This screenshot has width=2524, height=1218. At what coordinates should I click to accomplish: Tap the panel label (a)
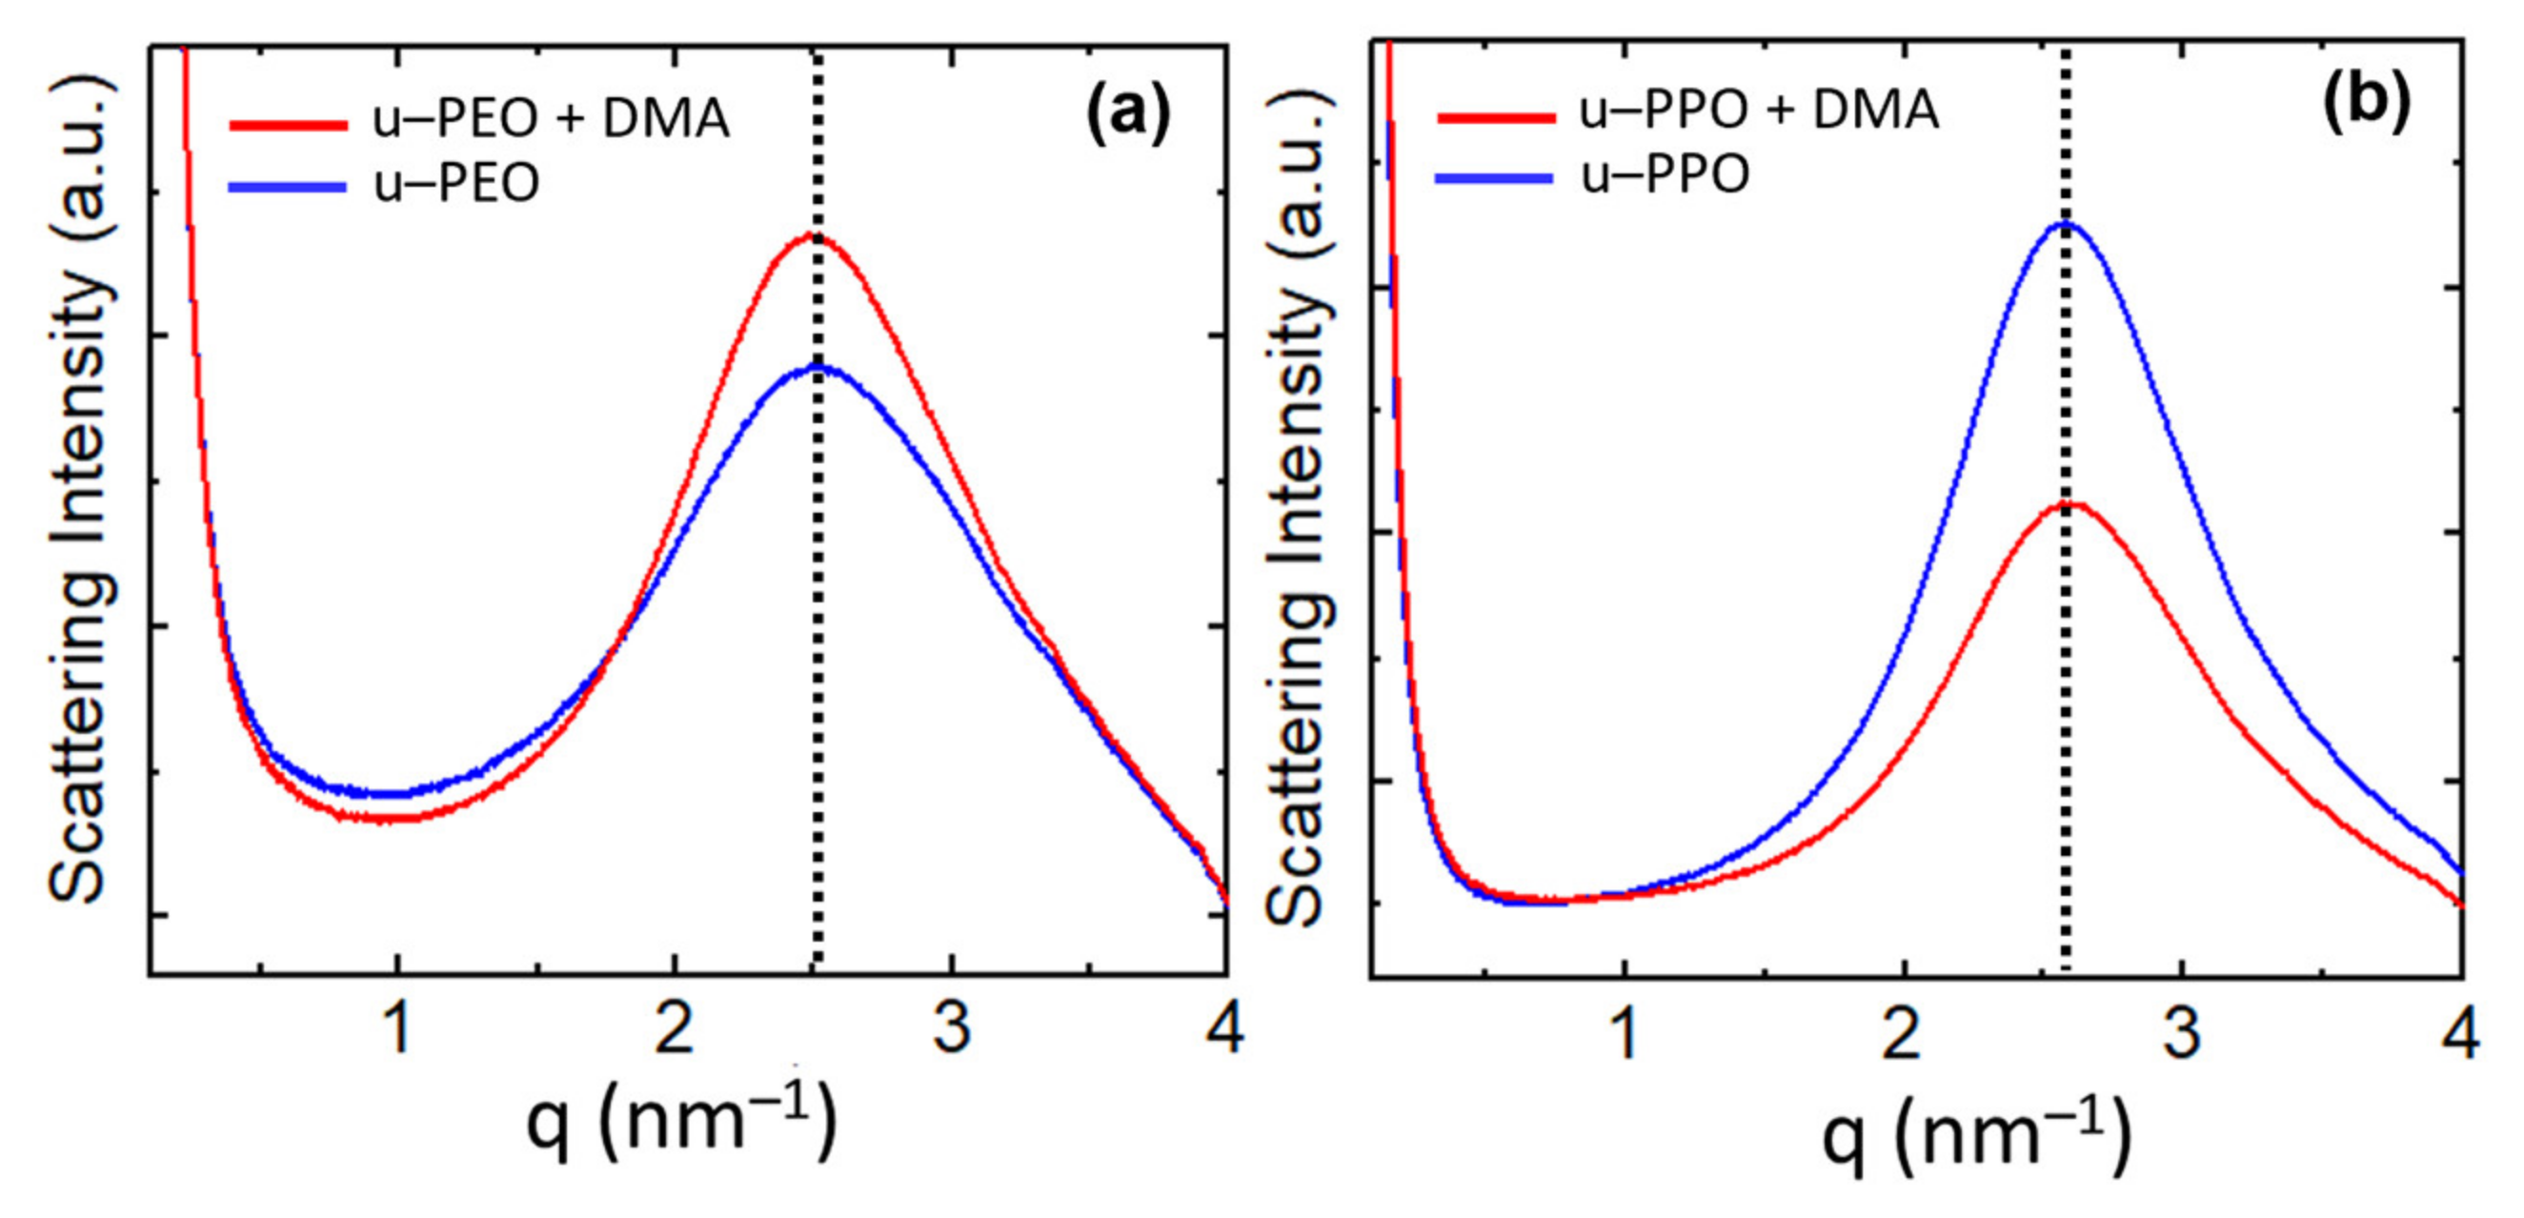[x=1127, y=114]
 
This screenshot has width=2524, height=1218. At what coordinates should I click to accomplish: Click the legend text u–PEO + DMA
[x=551, y=119]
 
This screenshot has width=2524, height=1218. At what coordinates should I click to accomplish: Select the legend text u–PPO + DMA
[x=1759, y=110]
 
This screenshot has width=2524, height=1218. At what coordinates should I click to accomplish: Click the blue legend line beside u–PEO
[x=287, y=186]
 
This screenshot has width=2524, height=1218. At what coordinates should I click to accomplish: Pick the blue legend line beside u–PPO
[x=1494, y=177]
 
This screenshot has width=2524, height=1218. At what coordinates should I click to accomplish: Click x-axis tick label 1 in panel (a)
[x=396, y=1030]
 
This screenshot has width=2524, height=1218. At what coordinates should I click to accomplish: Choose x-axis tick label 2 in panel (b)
[x=1902, y=1034]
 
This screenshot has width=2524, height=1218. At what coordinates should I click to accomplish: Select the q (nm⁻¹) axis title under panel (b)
[x=1976, y=1134]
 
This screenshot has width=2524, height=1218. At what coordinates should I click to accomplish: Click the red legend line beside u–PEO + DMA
[x=288, y=125]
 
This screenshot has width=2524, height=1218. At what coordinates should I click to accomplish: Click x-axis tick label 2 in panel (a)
[x=674, y=1030]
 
